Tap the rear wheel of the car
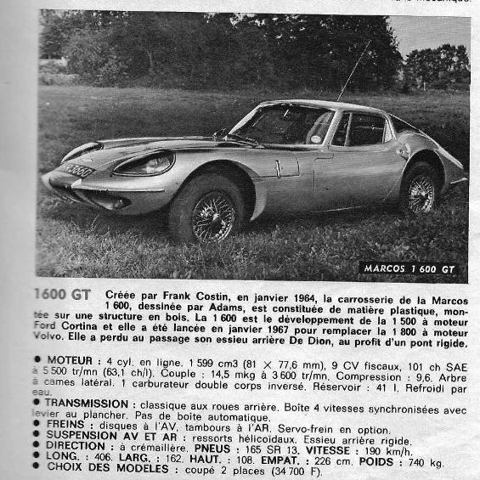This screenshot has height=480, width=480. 420,190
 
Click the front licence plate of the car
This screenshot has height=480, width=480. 79,171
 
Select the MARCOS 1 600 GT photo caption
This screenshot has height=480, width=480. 409,268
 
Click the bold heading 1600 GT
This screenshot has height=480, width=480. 63,294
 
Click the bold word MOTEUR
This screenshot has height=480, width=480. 73,360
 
